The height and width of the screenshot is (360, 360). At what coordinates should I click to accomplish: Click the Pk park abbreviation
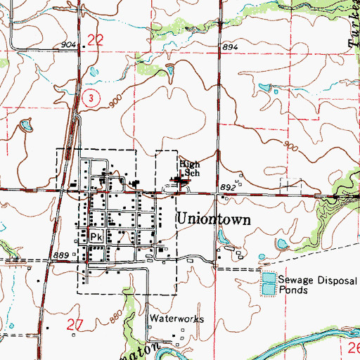click(96, 237)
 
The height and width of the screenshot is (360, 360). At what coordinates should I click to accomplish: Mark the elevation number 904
click(68, 45)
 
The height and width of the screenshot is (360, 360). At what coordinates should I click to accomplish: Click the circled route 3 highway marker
click(87, 100)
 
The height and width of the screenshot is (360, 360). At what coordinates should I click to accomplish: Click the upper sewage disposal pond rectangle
click(268, 279)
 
